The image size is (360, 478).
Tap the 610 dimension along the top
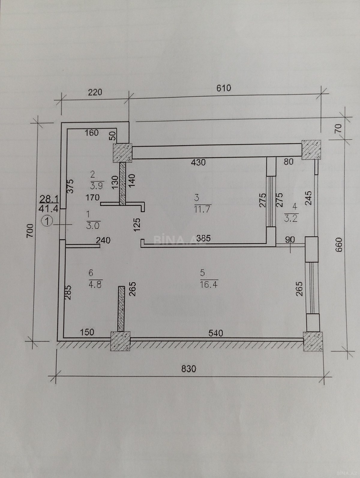click(x=224, y=88)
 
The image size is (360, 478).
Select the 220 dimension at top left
click(x=95, y=92)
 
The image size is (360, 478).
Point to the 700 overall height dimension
click(x=30, y=231)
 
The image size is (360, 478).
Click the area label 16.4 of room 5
click(x=209, y=285)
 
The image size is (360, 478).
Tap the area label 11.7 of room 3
click(x=202, y=210)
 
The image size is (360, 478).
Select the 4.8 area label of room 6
click(x=95, y=285)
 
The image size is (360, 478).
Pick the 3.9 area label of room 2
click(x=97, y=186)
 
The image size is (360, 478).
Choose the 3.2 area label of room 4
click(x=291, y=218)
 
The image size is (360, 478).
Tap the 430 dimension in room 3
click(x=198, y=162)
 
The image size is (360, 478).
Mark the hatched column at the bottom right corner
click(x=313, y=342)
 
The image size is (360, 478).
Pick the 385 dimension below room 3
click(x=203, y=238)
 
